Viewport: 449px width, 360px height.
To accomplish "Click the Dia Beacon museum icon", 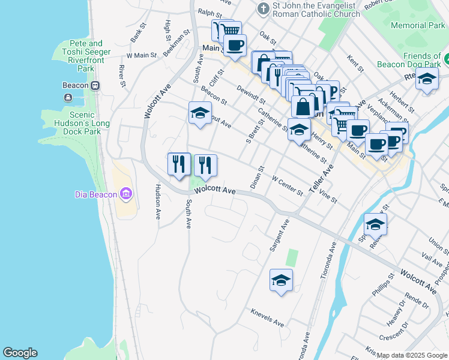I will coord(125,194).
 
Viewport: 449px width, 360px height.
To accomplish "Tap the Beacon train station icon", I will coord(95,85).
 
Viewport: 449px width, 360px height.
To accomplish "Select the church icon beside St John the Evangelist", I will coord(262,9).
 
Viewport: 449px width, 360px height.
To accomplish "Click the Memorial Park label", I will coord(418,26).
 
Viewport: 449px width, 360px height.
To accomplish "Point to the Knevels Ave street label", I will coord(267,319).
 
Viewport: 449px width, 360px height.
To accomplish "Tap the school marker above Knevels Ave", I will coord(280,280).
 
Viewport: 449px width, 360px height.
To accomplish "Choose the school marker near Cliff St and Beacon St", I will coord(200,112).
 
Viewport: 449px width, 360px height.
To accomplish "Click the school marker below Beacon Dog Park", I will coord(426,79).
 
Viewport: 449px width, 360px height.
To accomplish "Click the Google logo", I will coord(20,353).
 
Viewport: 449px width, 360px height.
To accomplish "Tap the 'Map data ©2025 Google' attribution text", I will coord(412,355).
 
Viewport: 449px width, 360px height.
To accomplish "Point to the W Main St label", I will coord(142,55).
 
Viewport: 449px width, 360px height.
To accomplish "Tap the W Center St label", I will coord(288,185).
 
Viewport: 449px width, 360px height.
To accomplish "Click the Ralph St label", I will coord(210,12).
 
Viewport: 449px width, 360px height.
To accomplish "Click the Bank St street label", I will coord(138,32).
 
